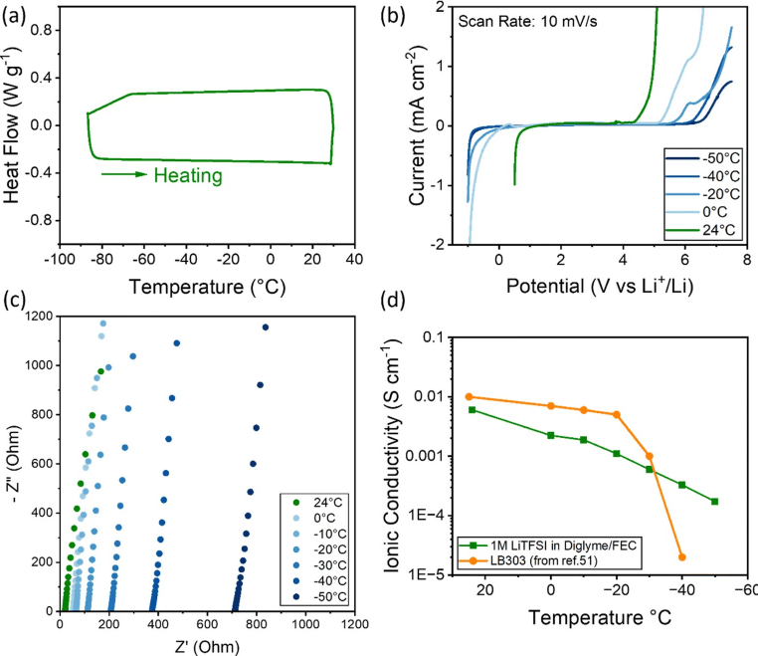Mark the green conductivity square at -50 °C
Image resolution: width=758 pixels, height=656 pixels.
715,501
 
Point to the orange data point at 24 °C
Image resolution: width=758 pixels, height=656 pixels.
471,396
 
